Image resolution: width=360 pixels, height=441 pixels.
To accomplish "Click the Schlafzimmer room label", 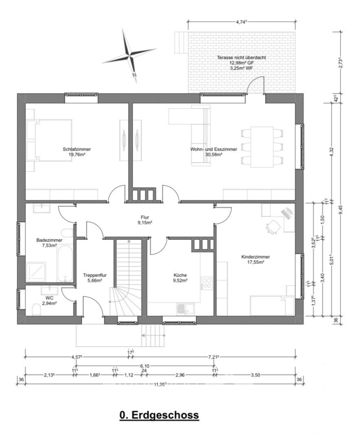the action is [x=77, y=149].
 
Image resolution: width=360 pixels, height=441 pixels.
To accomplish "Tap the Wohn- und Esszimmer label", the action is [x=214, y=149].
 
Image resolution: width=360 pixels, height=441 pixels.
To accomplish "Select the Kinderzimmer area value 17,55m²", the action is [x=256, y=262].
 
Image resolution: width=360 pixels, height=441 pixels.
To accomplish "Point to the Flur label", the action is [x=145, y=217].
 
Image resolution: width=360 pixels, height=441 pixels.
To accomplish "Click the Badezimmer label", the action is [x=49, y=240].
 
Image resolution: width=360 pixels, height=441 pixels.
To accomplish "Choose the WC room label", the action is [x=49, y=297].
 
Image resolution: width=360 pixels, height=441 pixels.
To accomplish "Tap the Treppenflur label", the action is [x=95, y=275].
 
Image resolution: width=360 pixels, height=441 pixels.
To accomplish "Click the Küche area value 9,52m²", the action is [x=180, y=280].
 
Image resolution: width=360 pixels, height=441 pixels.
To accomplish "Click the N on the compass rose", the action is [x=134, y=75].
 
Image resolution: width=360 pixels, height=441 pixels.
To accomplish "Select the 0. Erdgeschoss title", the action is [x=159, y=415].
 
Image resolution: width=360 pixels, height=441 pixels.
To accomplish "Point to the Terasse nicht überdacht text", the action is [x=241, y=57].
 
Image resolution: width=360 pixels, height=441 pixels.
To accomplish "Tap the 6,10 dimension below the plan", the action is [x=145, y=366].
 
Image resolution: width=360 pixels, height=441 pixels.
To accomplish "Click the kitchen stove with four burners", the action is [x=206, y=283].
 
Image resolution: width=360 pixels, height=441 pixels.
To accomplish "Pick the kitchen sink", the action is [x=185, y=309].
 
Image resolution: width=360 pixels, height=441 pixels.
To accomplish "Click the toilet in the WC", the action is [x=36, y=309].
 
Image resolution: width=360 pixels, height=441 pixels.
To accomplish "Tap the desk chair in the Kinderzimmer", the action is [x=273, y=226].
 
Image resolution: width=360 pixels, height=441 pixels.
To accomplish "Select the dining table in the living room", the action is [x=262, y=147].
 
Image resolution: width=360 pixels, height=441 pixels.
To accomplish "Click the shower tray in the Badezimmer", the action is [x=36, y=272].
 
